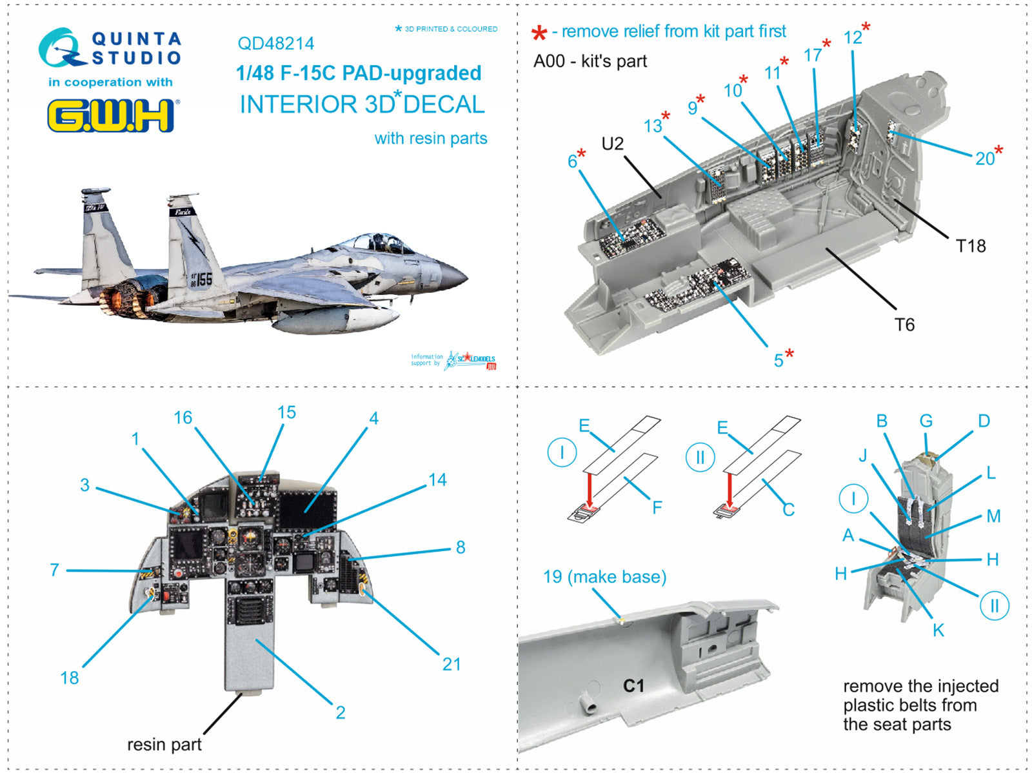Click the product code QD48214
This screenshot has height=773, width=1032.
pyautogui.click(x=275, y=43)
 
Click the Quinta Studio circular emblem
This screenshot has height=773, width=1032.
pyautogui.click(x=61, y=48)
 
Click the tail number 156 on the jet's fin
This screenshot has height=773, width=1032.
pyautogui.click(x=201, y=279)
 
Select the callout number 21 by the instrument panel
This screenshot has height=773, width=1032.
pyautogui.click(x=451, y=664)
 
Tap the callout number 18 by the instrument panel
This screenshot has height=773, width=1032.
pyautogui.click(x=69, y=678)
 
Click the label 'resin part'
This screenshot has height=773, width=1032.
pyautogui.click(x=164, y=745)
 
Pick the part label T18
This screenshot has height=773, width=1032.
pyautogui.click(x=970, y=246)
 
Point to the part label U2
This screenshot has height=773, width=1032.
pyautogui.click(x=612, y=143)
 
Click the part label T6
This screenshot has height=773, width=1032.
pyautogui.click(x=904, y=325)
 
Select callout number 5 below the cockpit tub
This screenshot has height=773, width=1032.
pyautogui.click(x=779, y=360)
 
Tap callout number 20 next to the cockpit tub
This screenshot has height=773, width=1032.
pyautogui.click(x=984, y=158)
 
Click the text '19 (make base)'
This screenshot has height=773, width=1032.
pyautogui.click(x=604, y=576)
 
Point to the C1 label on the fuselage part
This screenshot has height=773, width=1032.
pyautogui.click(x=633, y=685)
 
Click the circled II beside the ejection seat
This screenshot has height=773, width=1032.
pyautogui.click(x=994, y=606)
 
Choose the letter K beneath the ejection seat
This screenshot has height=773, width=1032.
pyautogui.click(x=938, y=630)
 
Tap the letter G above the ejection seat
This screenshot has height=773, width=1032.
pyautogui.click(x=926, y=421)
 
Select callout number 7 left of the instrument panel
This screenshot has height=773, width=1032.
pyautogui.click(x=54, y=570)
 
